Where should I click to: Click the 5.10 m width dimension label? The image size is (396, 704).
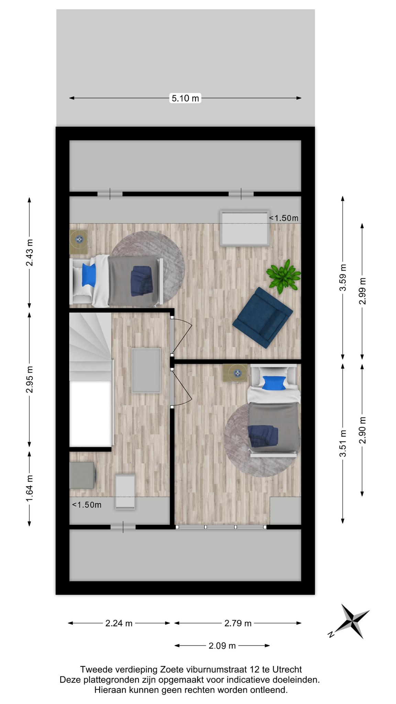pyautogui.click(x=185, y=98)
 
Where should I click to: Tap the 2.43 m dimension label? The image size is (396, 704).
pyautogui.click(x=30, y=252)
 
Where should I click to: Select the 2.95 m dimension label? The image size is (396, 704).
pyautogui.click(x=30, y=379)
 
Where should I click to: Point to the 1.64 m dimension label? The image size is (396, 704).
pyautogui.click(x=30, y=488)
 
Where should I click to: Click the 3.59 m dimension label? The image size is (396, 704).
pyautogui.click(x=343, y=277)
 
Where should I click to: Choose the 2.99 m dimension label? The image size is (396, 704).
pyautogui.click(x=362, y=291)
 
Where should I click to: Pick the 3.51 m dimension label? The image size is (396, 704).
pyautogui.click(x=343, y=443)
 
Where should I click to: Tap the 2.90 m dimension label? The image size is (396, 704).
pyautogui.click(x=362, y=430)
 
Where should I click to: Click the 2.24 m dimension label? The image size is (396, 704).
pyautogui.click(x=119, y=623)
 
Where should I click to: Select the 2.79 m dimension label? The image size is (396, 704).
pyautogui.click(x=238, y=623)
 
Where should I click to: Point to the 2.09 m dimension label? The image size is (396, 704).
pyautogui.click(x=222, y=646)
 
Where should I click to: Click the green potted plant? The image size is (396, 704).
pyautogui.click(x=283, y=276)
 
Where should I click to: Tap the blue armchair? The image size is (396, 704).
pyautogui.click(x=263, y=318)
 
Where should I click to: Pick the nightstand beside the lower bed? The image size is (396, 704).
pyautogui.click(x=235, y=373)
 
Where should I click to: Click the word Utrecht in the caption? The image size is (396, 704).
pyautogui.click(x=287, y=669)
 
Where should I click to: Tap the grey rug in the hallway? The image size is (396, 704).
pyautogui.click(x=146, y=370)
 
